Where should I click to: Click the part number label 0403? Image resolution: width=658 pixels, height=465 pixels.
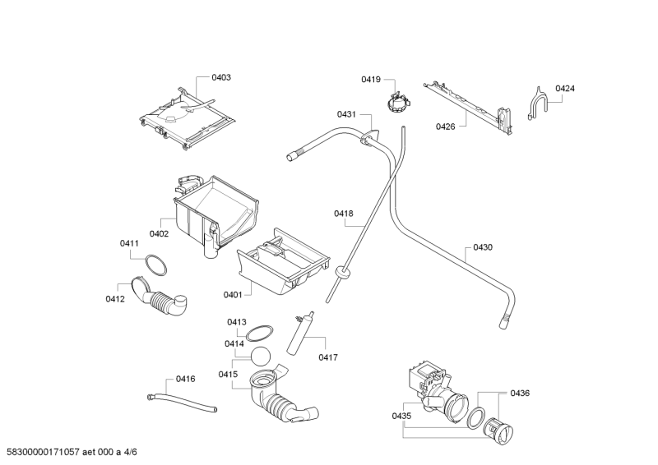tap(221, 77)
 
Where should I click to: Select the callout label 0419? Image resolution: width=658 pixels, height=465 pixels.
tap(370, 79)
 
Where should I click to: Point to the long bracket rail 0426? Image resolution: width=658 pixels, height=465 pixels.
tap(465, 103)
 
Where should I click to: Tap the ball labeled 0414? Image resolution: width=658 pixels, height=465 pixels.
tap(262, 357)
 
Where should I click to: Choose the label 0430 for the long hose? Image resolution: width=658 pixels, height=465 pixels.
tap(483, 246)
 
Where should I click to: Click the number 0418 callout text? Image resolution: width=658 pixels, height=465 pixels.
tap(343, 214)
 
